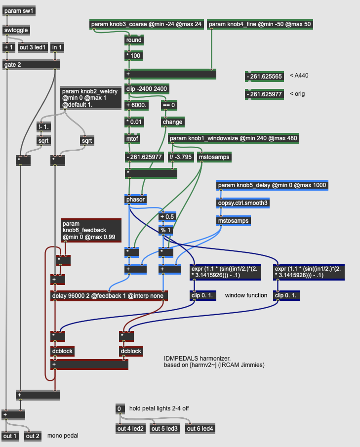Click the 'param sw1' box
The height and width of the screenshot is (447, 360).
click(20, 11)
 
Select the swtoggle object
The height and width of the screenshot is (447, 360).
click(16, 30)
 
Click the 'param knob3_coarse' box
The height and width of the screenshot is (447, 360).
click(146, 24)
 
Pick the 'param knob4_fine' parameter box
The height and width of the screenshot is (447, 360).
click(260, 24)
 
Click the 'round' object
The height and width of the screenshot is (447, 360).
click(134, 40)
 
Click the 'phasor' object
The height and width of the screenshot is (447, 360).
click(135, 200)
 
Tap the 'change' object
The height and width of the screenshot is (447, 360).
click(172, 122)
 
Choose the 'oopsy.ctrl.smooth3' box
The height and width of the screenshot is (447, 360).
click(244, 203)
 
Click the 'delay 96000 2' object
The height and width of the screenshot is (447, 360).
click(109, 296)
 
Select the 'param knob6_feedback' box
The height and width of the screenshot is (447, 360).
click(91, 230)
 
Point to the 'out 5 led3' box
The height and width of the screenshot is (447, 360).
click(165, 428)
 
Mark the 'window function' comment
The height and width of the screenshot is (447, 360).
click(246, 295)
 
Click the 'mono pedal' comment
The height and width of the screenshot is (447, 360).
click(63, 436)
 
